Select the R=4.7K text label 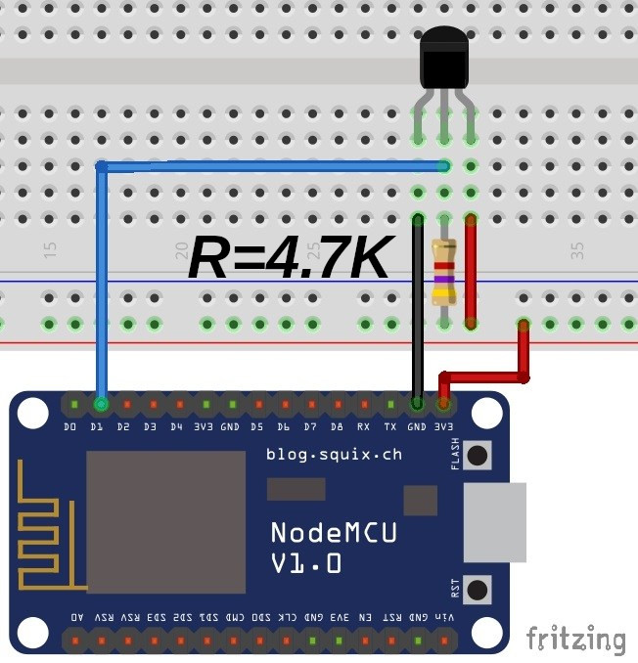pos(291,257)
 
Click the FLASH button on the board pos(477,455)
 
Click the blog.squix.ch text pos(334,454)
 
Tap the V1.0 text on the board pos(306,563)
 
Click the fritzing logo pos(575,640)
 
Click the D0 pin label pos(70,427)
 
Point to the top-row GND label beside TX pos(416,427)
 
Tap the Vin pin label pos(443,618)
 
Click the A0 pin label pos(77,618)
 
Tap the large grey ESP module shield pos(165,522)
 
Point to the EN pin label pos(364,618)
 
